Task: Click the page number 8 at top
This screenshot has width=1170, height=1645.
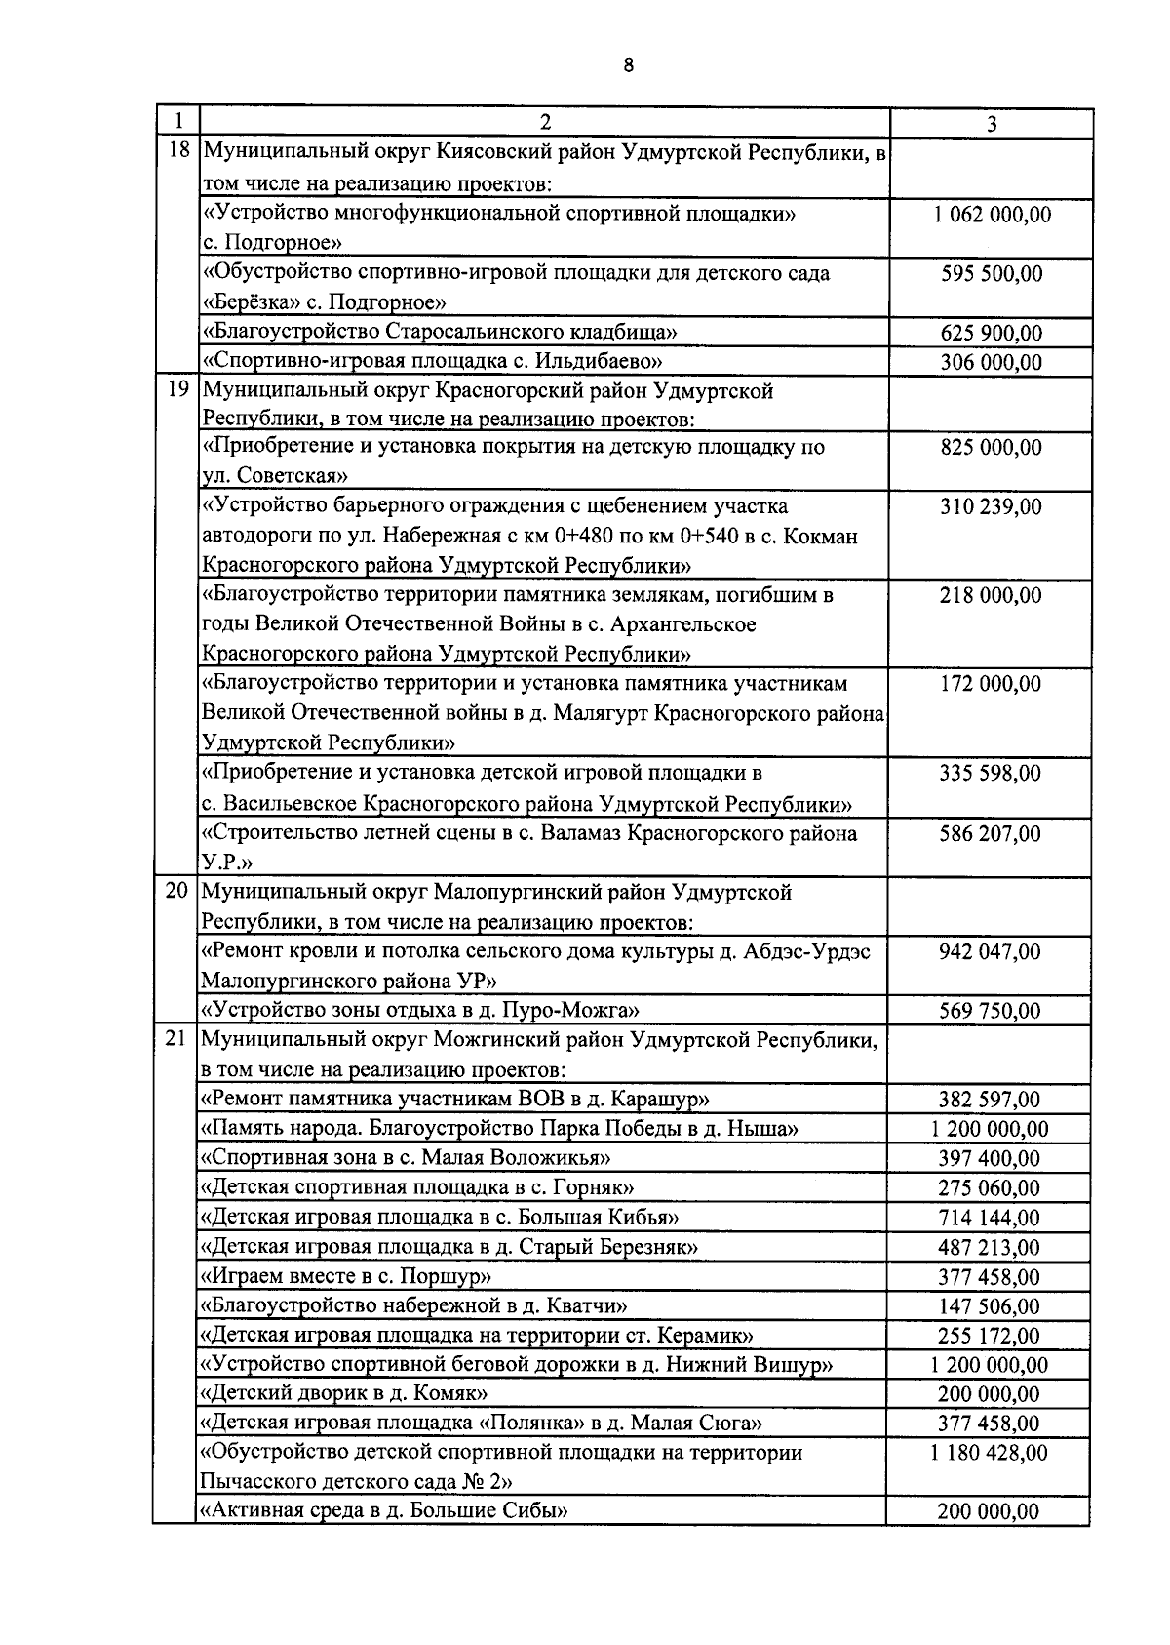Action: [x=628, y=65]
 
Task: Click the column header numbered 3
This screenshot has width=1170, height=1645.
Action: [x=991, y=123]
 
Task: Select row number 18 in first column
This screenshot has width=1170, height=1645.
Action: [x=176, y=153]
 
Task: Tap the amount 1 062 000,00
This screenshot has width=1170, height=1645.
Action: [x=991, y=215]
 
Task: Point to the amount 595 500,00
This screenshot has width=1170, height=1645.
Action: [x=991, y=274]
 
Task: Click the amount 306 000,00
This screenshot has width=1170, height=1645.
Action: [x=991, y=363]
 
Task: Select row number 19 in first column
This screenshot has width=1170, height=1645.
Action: [x=176, y=391]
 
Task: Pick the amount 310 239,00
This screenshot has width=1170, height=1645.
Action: [x=991, y=506]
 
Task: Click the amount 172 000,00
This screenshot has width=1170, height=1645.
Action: [x=991, y=684]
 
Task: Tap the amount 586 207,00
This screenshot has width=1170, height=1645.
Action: [x=991, y=834]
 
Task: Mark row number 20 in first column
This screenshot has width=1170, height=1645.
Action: [x=176, y=892]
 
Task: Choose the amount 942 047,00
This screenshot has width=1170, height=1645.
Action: [x=991, y=951]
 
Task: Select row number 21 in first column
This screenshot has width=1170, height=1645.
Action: [x=176, y=1040]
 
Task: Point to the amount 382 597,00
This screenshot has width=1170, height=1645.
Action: [x=991, y=1100]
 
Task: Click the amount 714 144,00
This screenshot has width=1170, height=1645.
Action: [x=991, y=1218]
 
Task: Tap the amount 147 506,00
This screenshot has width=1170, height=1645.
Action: [x=991, y=1306]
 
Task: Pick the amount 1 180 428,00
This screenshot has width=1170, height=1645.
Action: [x=991, y=1453]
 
